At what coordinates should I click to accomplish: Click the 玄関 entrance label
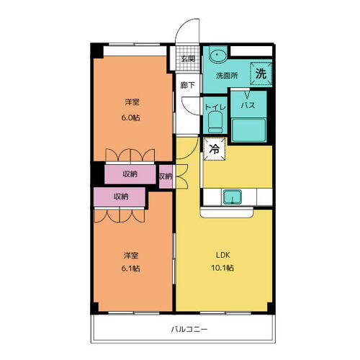(x=187, y=58)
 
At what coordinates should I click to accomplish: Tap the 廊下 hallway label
(x=187, y=84)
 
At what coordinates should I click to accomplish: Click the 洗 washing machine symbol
(x=261, y=73)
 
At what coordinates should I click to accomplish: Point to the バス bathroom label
(x=248, y=105)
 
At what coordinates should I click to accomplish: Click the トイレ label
(x=215, y=107)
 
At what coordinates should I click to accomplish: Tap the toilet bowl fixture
(x=214, y=123)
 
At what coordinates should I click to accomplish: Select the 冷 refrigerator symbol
(x=214, y=149)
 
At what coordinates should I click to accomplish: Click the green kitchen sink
(x=233, y=196)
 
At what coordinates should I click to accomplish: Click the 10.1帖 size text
(x=222, y=268)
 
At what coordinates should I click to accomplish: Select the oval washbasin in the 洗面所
(x=217, y=55)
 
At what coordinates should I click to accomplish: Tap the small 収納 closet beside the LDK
(x=166, y=175)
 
